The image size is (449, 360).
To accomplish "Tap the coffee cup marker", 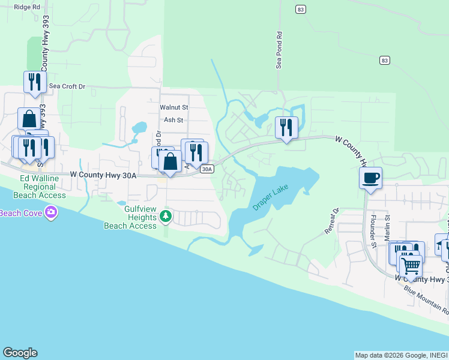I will coord(370,178).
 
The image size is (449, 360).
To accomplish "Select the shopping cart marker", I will coord(411,265).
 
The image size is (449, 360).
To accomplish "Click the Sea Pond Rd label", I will coord(279,50).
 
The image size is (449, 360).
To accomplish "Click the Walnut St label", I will coord(174,107).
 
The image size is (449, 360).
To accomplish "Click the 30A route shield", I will coord(206,169).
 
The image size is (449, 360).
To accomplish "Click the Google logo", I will coord(20,353).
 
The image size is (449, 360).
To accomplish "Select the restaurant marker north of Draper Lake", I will coord(286,127).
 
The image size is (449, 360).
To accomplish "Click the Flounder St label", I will coord(373,232).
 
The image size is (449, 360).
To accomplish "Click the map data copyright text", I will coord(400,355).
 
